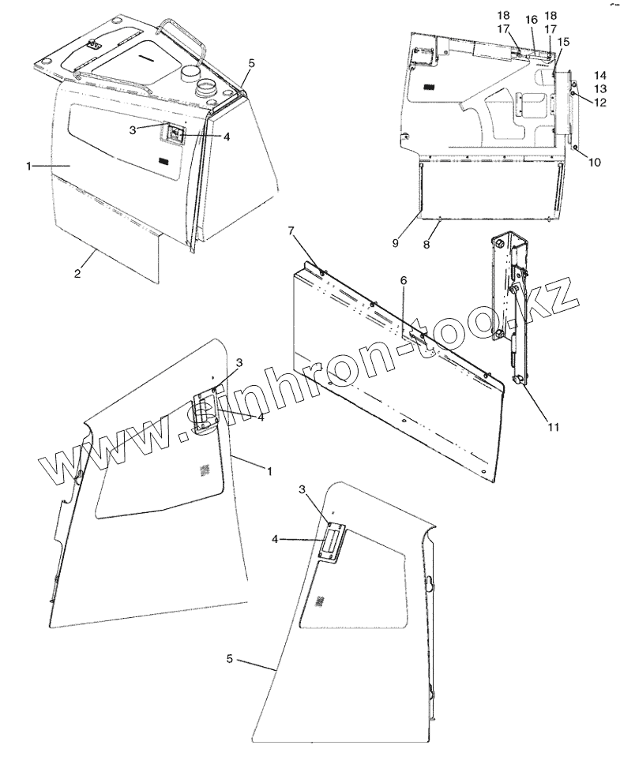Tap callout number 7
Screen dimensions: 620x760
291,230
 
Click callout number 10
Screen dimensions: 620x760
594,163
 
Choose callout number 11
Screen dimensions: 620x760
554,427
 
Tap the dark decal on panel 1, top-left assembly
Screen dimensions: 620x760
163,161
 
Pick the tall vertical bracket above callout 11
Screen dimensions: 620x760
506,284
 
